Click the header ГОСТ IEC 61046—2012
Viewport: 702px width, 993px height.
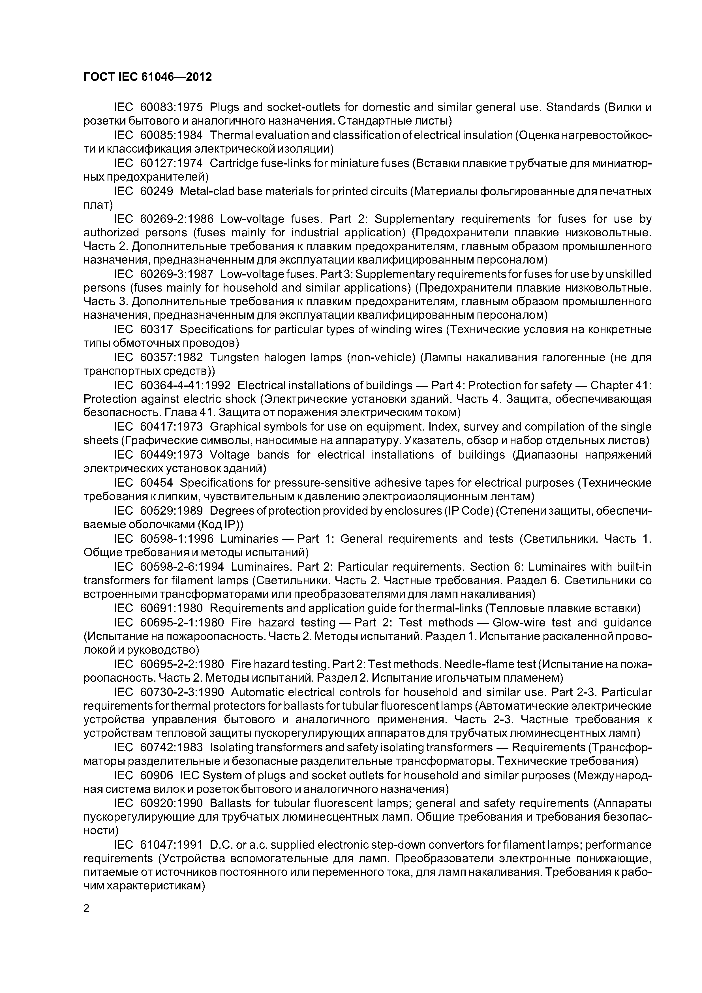tap(147, 77)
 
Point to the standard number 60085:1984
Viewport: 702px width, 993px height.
tap(171, 135)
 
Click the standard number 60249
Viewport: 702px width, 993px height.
tap(157, 191)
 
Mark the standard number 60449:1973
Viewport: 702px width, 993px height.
tap(171, 455)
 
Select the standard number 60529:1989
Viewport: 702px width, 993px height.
tap(171, 511)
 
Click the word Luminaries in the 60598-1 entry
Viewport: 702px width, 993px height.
tap(249, 539)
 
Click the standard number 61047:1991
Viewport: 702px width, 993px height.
tap(171, 845)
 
